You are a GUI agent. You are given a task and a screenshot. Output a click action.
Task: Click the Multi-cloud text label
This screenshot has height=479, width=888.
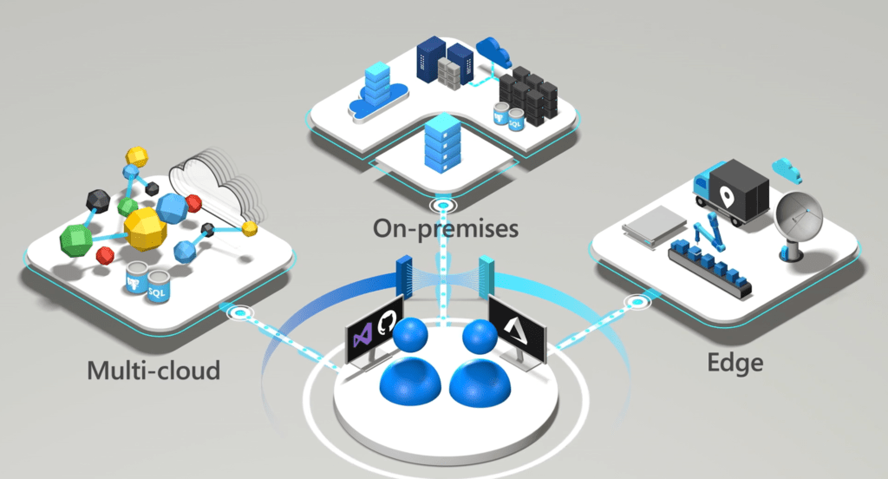click(x=153, y=371)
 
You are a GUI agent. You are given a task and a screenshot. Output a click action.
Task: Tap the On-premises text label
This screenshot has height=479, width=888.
click(x=445, y=229)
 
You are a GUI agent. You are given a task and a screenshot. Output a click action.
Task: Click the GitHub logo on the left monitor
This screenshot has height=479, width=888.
click(x=387, y=323)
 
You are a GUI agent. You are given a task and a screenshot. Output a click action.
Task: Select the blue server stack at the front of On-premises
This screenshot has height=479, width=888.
click(x=441, y=147)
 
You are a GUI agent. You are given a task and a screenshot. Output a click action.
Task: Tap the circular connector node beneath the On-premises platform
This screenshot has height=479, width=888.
click(x=445, y=207)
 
